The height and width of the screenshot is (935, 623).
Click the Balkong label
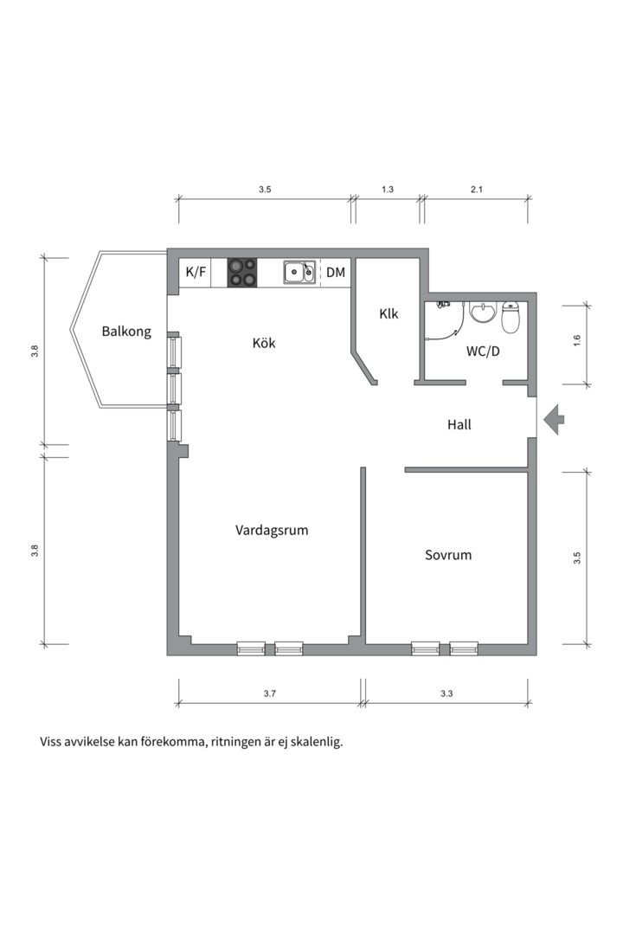[126, 332]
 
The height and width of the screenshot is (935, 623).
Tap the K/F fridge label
[196, 273]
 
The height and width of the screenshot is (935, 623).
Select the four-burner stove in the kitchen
[242, 273]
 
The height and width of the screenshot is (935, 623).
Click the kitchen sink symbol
[299, 273]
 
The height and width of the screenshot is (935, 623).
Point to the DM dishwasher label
[336, 273]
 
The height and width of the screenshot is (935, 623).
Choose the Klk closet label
[389, 313]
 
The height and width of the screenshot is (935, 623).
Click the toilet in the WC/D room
[511, 317]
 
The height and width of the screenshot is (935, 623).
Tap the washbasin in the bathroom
[483, 312]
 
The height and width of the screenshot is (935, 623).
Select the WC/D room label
[483, 351]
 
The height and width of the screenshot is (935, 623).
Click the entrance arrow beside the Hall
[554, 419]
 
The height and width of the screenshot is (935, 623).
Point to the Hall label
[459, 424]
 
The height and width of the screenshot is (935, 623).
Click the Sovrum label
[448, 555]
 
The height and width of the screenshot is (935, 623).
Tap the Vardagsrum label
[272, 531]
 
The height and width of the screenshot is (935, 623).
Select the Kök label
[264, 343]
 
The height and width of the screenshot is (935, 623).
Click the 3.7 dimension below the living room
[270, 693]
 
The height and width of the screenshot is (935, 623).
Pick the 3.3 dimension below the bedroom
[446, 693]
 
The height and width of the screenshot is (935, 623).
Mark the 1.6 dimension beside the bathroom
[576, 342]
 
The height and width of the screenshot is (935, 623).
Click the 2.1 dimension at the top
[477, 190]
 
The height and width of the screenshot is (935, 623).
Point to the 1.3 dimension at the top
[388, 190]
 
